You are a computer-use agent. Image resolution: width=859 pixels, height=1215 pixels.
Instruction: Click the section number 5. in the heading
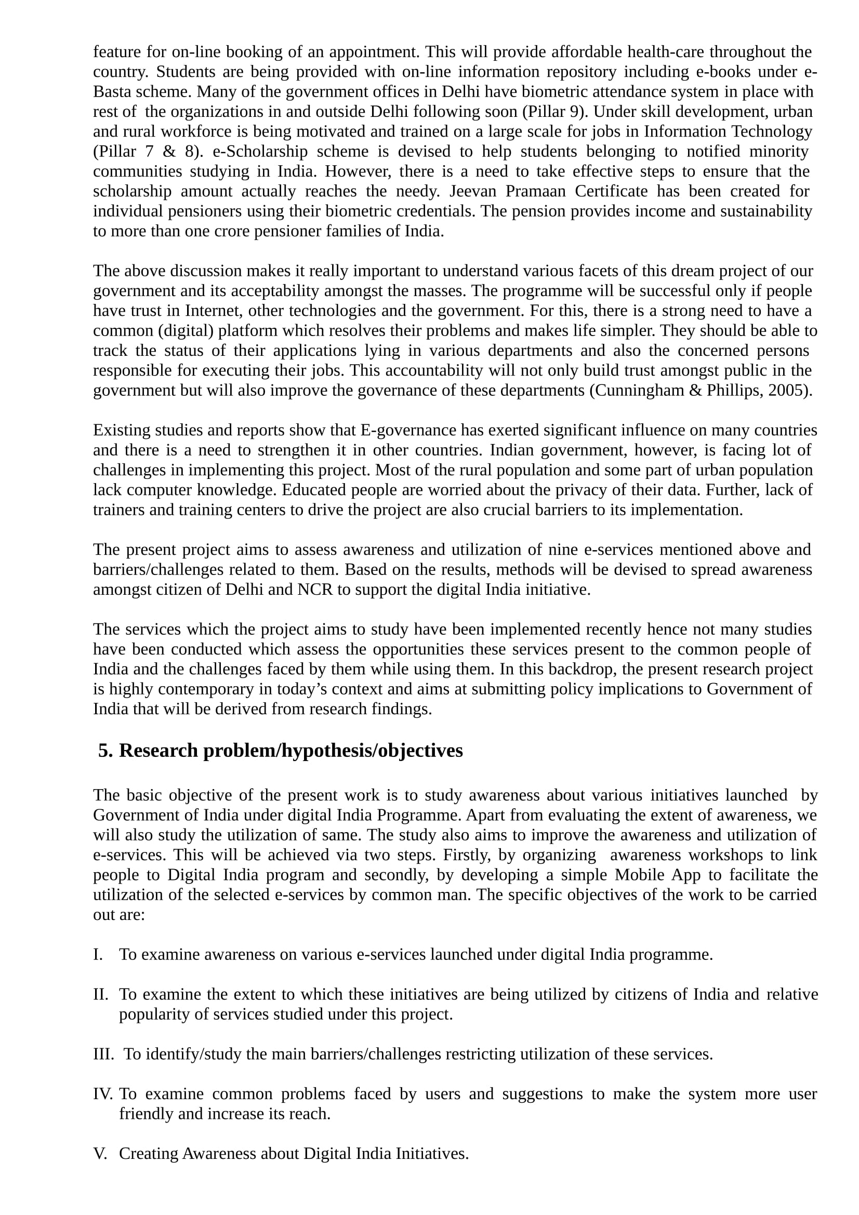tap(105, 751)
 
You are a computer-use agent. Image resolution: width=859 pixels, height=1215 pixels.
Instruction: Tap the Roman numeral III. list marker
tap(103, 1054)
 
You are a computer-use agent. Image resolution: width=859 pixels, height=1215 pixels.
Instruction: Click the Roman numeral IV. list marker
tap(103, 1094)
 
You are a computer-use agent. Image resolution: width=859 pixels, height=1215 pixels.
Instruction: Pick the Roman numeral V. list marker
tap(100, 1154)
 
